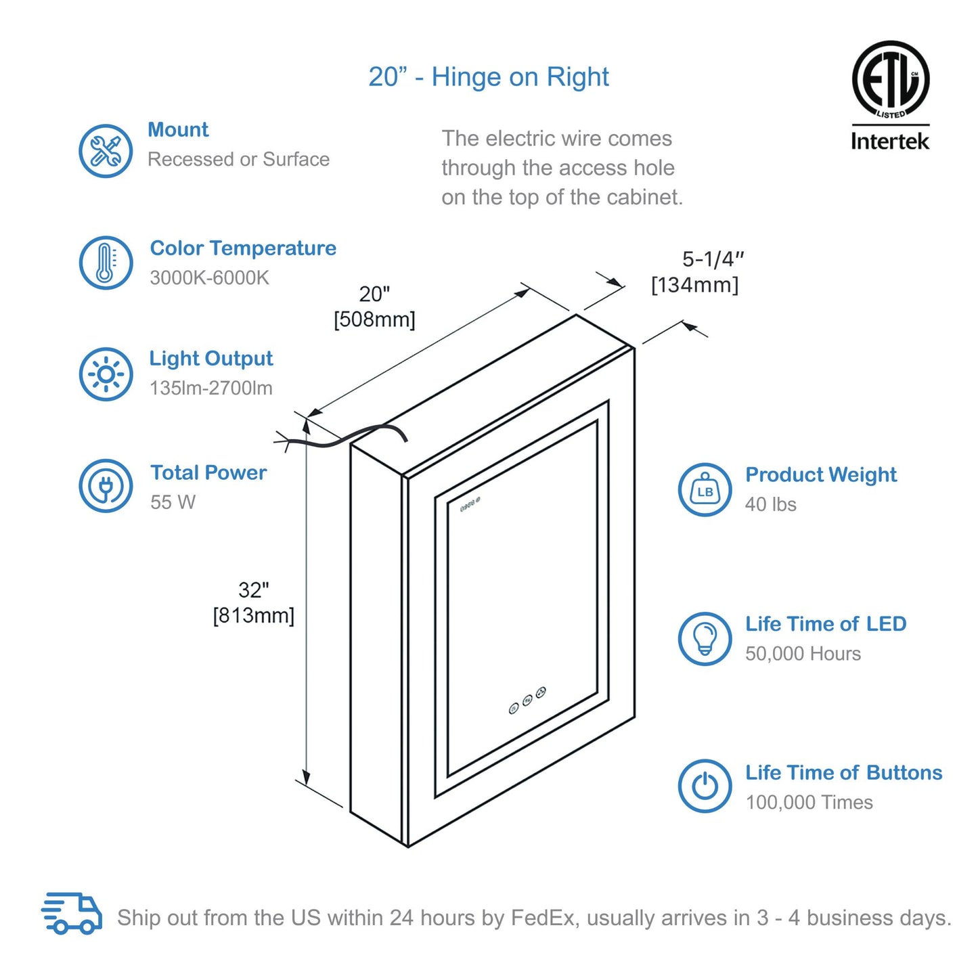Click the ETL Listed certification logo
click(x=890, y=80)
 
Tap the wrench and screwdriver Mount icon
click(x=106, y=151)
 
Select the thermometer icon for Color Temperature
click(x=106, y=263)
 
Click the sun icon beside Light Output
click(x=106, y=374)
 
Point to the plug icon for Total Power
click(x=106, y=486)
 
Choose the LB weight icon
click(x=705, y=490)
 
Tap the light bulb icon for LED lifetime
click(x=705, y=639)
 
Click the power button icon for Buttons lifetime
click(x=705, y=786)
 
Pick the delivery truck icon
click(x=72, y=914)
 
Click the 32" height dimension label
click(x=254, y=590)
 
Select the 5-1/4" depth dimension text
click(x=713, y=259)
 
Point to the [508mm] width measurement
click(x=374, y=319)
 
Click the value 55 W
click(x=173, y=502)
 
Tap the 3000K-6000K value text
click(x=210, y=277)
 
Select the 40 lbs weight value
click(x=771, y=504)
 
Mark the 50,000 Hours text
click(x=803, y=654)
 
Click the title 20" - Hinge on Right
click(x=489, y=77)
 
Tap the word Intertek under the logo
click(x=890, y=141)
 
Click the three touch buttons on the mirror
click(x=527, y=700)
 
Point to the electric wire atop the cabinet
click(x=345, y=437)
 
